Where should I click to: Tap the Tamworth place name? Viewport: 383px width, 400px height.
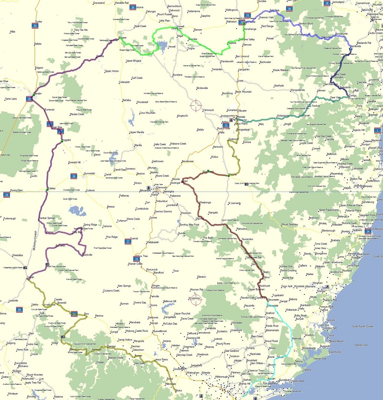[162, 187]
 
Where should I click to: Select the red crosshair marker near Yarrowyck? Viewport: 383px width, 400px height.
[196, 105]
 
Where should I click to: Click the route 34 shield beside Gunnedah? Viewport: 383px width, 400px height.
[74, 176]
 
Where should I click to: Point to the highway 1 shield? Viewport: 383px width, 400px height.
[377, 130]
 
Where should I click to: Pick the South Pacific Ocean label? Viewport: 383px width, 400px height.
[364, 326]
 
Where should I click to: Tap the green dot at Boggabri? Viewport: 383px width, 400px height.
[62, 141]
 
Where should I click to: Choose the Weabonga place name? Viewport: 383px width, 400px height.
[205, 203]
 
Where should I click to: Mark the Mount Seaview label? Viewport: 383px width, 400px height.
[290, 224]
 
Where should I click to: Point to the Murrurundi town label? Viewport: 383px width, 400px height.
[155, 269]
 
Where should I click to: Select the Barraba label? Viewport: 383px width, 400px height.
[127, 100]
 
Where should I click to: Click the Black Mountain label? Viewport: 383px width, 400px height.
[243, 92]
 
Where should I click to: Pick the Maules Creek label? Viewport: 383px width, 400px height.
[77, 114]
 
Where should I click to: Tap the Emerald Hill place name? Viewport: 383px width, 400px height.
[75, 162]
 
